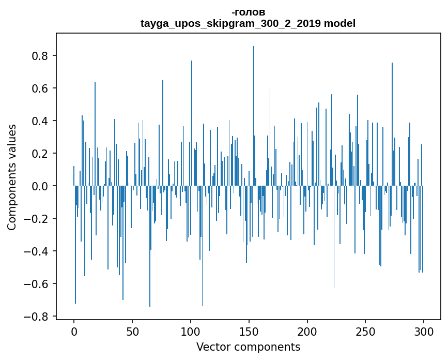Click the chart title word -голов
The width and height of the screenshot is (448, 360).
point(248,12)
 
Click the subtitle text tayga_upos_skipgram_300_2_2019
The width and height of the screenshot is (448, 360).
point(230,23)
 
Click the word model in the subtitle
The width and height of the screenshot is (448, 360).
point(339,23)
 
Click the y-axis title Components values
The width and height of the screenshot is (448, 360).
point(12,177)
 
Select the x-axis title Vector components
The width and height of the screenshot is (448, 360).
point(248,347)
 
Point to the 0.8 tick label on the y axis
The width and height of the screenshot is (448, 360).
point(40,56)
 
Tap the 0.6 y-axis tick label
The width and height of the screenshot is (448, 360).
point(40,88)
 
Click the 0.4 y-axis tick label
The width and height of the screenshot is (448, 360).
point(40,121)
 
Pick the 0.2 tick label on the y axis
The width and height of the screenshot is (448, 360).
point(40,154)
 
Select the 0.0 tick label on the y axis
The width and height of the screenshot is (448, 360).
point(40,186)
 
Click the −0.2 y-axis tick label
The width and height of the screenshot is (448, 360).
point(36,219)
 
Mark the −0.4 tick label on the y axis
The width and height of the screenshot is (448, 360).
point(36,251)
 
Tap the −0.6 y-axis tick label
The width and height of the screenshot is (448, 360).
point(36,284)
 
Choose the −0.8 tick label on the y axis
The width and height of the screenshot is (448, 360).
point(36,317)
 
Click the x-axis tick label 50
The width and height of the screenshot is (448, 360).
point(132,332)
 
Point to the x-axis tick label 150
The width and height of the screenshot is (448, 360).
point(249,332)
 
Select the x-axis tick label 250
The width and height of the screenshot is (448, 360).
point(365,332)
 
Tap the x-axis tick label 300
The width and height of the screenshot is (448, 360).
point(424,332)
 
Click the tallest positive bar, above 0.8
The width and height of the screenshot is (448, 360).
point(253,116)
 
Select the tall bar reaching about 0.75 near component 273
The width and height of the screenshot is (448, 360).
point(392,124)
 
